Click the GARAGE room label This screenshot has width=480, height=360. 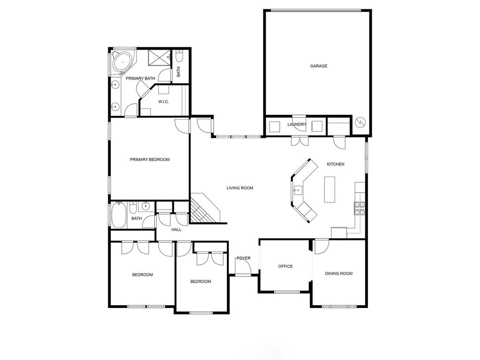[x=319, y=66]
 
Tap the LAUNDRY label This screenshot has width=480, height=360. [x=297, y=124]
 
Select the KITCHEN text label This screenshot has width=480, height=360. [x=336, y=164]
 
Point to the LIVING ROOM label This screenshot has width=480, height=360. [x=240, y=188]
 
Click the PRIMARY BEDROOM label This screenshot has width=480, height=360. [x=150, y=159]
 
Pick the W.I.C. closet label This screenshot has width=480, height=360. [x=164, y=102]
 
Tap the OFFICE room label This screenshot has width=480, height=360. [x=285, y=266]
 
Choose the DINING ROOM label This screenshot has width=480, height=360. [x=339, y=273]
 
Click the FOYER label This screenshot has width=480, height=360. [x=244, y=258]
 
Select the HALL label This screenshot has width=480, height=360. [x=176, y=229]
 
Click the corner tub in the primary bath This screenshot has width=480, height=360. [x=122, y=63]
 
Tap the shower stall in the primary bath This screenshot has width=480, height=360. [x=159, y=57]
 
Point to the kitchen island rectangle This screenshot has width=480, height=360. [x=330, y=189]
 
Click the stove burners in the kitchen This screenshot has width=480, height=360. [x=360, y=208]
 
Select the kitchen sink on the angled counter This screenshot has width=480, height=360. [x=298, y=190]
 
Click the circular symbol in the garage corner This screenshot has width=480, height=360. [x=360, y=122]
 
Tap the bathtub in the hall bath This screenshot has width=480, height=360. [x=119, y=215]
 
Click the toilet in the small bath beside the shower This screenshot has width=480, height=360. [x=180, y=56]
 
